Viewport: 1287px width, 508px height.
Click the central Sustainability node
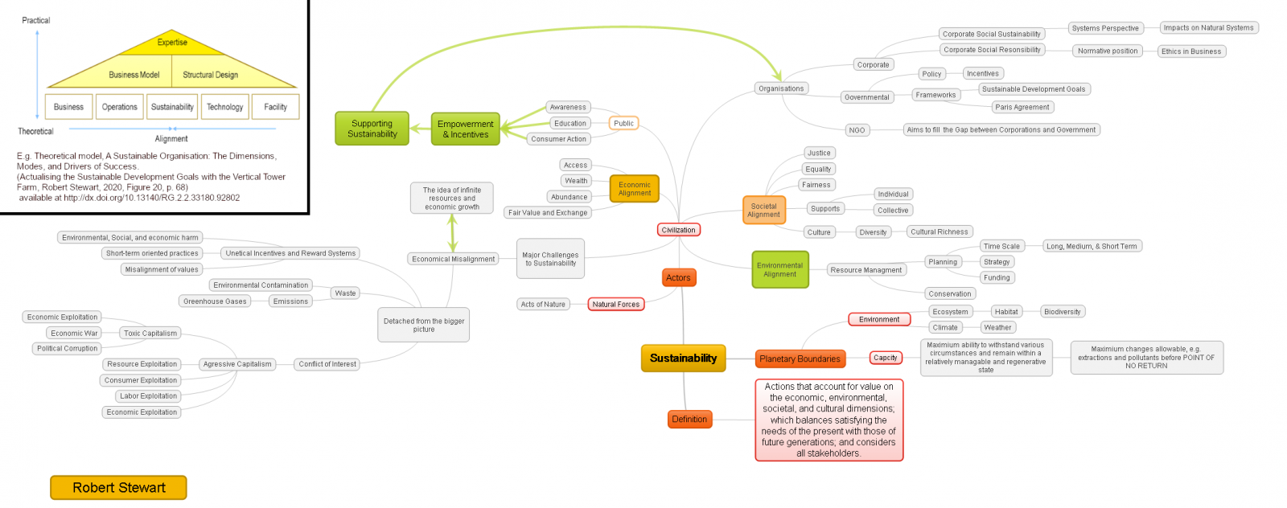point(683,358)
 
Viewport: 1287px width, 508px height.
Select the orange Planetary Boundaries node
point(800,358)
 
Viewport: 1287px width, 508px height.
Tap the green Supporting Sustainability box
point(372,129)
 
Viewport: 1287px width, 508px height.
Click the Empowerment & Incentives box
point(465,129)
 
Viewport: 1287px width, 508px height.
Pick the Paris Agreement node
point(1022,107)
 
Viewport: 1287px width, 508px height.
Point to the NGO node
point(857,129)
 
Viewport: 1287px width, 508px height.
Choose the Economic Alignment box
point(634,189)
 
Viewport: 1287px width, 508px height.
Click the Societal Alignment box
point(763,211)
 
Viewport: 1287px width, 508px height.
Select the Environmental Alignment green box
point(779,269)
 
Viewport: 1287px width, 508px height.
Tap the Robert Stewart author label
point(118,487)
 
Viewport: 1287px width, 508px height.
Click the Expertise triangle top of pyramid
point(172,43)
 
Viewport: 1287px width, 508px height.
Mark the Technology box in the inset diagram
point(224,107)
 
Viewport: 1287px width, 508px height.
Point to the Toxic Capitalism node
point(150,333)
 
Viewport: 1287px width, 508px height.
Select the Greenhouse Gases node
point(215,301)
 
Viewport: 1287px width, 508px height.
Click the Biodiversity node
point(1062,312)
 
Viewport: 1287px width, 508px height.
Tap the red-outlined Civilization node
point(678,230)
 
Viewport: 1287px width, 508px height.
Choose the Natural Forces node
point(615,305)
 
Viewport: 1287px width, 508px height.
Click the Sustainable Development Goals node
point(1033,89)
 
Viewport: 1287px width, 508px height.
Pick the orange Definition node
point(689,420)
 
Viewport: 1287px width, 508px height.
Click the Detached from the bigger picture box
point(424,325)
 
